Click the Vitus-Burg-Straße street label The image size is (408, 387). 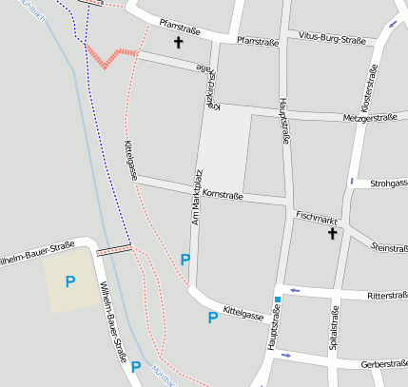pos(331,40)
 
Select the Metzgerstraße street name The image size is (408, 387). pos(367,118)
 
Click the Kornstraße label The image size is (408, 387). pos(223,194)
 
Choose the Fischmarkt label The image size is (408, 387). pos(317,218)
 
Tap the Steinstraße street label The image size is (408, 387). pos(390,247)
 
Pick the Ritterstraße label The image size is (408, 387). pos(379,296)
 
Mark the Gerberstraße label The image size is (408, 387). pos(384,363)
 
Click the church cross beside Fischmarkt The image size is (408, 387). pos(333,233)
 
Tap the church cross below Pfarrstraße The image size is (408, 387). pos(178,43)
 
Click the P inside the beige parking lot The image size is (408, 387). pos(69,281)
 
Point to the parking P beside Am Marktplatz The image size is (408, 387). pos(185,259)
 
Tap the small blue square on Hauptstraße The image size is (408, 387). pos(278,300)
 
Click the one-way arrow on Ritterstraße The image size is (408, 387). pos(295,290)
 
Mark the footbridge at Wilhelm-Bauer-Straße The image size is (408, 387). pos(113,250)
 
